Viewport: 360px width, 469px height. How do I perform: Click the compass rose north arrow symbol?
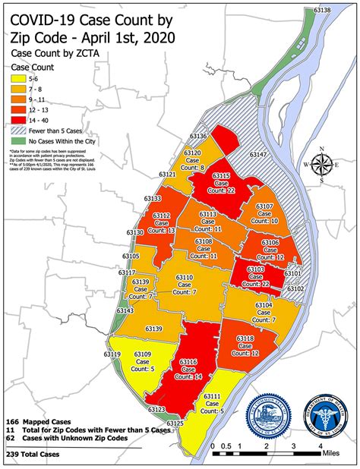[x=323, y=165]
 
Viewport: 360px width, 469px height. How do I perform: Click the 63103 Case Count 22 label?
[x=255, y=275]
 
